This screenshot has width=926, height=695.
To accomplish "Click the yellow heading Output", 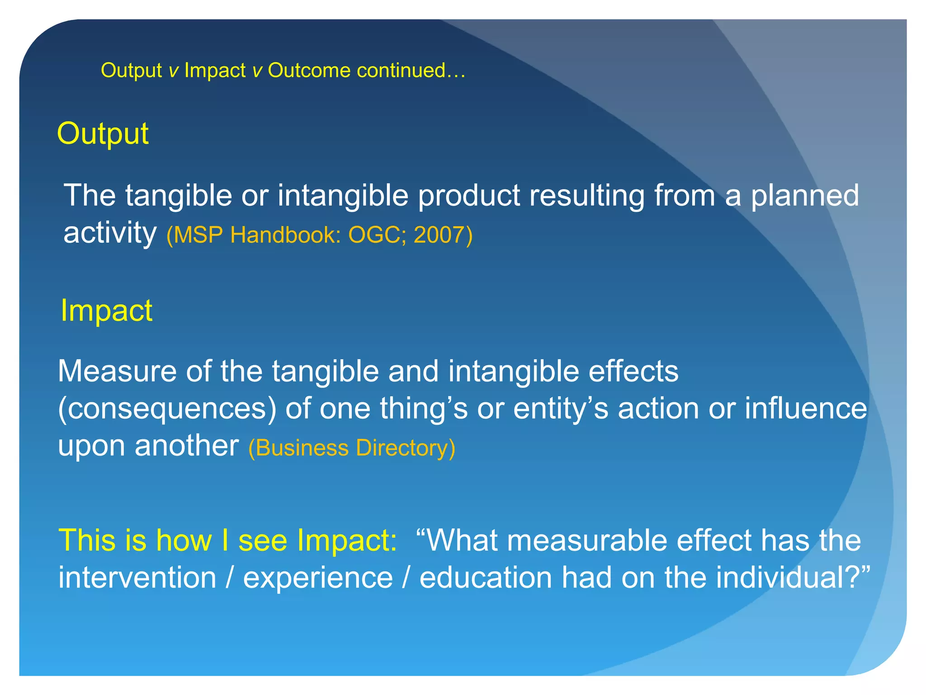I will pyautogui.click(x=103, y=134).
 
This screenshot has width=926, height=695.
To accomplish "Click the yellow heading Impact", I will pyautogui.click(x=107, y=311).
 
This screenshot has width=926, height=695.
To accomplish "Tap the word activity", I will pyautogui.click(x=110, y=233).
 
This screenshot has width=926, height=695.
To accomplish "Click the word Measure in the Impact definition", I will pyautogui.click(x=117, y=371).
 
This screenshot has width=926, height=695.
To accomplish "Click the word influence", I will pyautogui.click(x=806, y=408).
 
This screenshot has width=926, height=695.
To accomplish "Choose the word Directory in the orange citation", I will pyautogui.click(x=405, y=448).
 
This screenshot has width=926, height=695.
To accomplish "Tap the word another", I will pyautogui.click(x=186, y=446).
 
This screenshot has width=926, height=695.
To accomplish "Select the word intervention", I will pyautogui.click(x=137, y=578).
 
